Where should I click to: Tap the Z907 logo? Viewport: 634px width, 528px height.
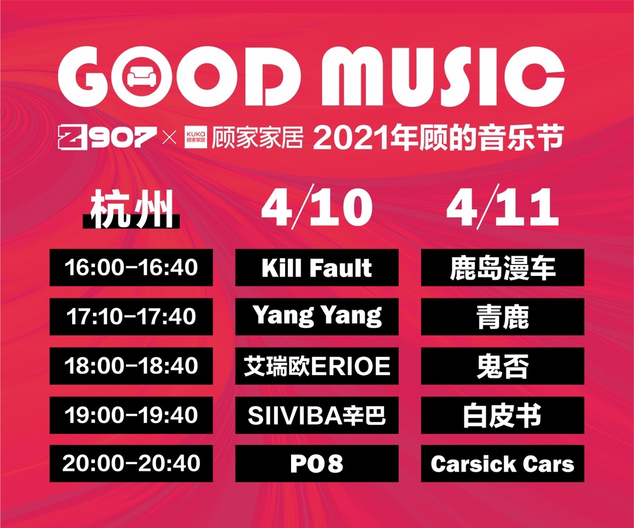tap(107, 137)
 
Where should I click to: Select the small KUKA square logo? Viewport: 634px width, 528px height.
tap(196, 137)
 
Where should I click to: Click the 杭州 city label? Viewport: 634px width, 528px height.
tap(132, 209)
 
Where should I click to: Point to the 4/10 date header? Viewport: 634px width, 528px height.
tap(316, 207)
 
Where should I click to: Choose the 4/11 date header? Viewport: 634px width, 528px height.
tap(502, 207)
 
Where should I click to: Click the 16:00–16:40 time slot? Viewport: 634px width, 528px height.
tap(131, 267)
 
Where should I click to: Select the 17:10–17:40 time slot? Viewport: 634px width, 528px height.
tap(131, 317)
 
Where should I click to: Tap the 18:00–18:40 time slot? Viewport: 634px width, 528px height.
tap(131, 366)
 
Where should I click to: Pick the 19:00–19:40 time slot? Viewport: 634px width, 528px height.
tap(131, 415)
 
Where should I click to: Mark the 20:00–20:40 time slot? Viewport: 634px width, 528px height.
tap(131, 463)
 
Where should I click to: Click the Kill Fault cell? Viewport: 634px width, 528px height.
tap(316, 267)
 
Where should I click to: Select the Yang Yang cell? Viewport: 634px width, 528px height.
tap(316, 317)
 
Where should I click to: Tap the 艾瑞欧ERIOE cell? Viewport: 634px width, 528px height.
tap(316, 366)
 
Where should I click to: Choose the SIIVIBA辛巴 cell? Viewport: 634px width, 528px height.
tap(316, 415)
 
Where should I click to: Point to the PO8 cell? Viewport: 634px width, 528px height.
tap(316, 463)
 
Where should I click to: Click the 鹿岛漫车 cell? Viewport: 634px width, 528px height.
tap(502, 267)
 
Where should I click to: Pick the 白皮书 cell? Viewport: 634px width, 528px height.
tap(502, 415)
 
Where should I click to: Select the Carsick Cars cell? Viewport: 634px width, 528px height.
tap(502, 463)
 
